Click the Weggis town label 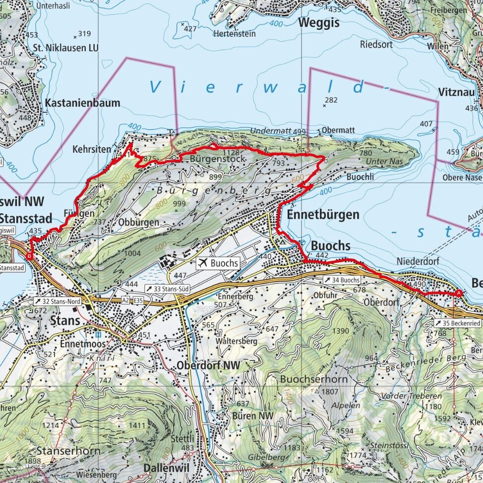319,23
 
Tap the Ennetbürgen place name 322,215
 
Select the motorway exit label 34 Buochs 342,281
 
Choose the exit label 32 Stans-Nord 57,301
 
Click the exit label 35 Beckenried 459,323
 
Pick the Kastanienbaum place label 82,103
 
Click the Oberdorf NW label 208,365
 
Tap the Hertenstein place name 235,34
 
